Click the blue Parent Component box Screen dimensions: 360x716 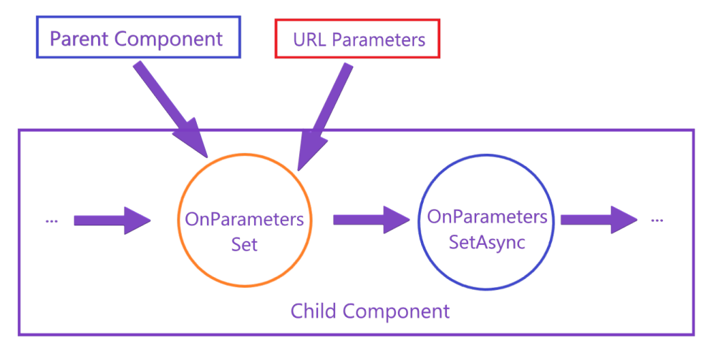[x=136, y=38]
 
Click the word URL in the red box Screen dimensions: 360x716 [x=309, y=39]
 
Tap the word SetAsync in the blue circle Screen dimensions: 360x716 [x=487, y=242]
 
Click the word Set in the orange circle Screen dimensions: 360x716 [x=244, y=244]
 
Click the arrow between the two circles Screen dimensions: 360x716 [x=370, y=219]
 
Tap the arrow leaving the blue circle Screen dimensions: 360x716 [x=599, y=219]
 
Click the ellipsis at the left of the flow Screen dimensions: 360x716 [x=52, y=221]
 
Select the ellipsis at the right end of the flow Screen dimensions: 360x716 [x=657, y=220]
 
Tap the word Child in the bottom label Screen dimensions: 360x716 [x=314, y=311]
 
